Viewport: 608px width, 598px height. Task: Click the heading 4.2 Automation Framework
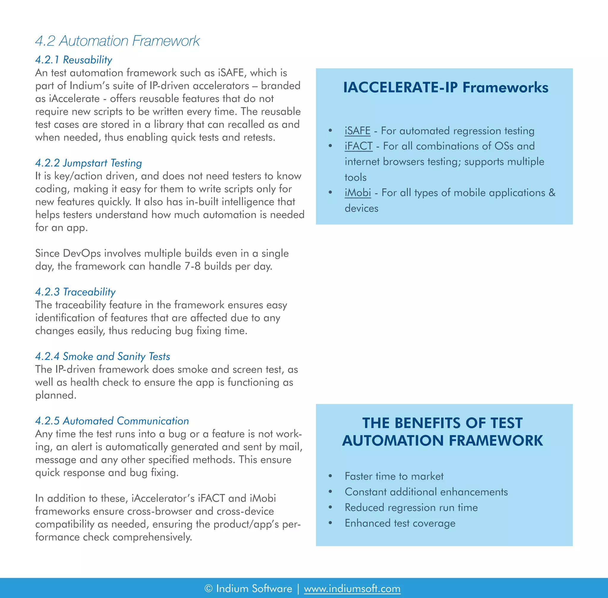coord(117,41)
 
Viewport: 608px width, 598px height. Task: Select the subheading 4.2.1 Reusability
coord(74,60)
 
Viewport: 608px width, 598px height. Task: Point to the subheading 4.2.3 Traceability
coord(75,292)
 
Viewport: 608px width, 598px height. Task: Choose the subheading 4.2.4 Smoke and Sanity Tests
coord(102,356)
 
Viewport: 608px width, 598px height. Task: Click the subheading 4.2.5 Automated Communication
coord(112,421)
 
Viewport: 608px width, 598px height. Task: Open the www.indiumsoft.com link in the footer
coord(352,588)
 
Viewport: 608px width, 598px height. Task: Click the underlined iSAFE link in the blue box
coord(357,131)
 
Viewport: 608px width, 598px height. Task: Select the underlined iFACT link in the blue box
coord(359,146)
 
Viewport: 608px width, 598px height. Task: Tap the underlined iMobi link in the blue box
coord(358,193)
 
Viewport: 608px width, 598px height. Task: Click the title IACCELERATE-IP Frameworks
coord(446,87)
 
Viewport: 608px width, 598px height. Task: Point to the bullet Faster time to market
coord(394,476)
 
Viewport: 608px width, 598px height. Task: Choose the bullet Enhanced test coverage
coord(400,523)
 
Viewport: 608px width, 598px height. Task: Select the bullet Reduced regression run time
coord(411,507)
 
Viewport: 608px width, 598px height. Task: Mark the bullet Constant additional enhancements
coord(426,492)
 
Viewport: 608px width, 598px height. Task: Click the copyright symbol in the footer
coord(208,588)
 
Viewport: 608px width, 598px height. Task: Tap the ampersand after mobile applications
coord(552,193)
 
